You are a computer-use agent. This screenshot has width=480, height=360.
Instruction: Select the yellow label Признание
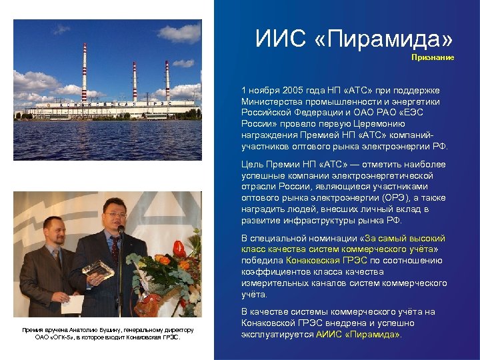tap(433, 57)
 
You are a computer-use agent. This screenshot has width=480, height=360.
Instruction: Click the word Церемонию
tap(402, 124)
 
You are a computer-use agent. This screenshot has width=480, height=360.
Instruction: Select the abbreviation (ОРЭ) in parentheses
tap(393, 199)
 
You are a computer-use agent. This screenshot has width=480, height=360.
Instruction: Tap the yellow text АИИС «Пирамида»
tap(359, 335)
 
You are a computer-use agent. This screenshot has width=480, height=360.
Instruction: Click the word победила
tap(262, 261)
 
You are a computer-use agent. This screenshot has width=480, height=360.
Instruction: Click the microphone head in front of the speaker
tap(121, 230)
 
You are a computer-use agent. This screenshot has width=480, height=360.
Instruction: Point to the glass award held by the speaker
tap(98, 268)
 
